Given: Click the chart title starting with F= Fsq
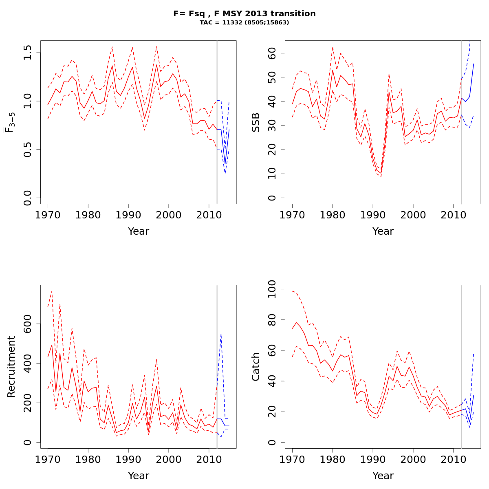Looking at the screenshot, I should tap(244, 14).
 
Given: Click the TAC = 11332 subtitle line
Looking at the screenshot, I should tap(244, 23).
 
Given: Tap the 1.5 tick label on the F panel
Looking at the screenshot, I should tap(28, 53).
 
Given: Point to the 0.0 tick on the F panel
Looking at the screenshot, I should tap(28, 198).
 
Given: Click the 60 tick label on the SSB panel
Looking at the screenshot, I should tap(272, 53).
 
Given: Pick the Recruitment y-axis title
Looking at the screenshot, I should tap(11, 367).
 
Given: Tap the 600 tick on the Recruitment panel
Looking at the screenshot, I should tap(28, 324).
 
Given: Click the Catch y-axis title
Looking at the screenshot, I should tap(256, 367).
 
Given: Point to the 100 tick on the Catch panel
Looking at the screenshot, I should tap(272, 289).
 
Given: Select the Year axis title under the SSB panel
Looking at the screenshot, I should tap(383, 231).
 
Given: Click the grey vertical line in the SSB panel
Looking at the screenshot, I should tap(461, 122).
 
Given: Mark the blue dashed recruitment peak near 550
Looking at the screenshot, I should tap(221, 334).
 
